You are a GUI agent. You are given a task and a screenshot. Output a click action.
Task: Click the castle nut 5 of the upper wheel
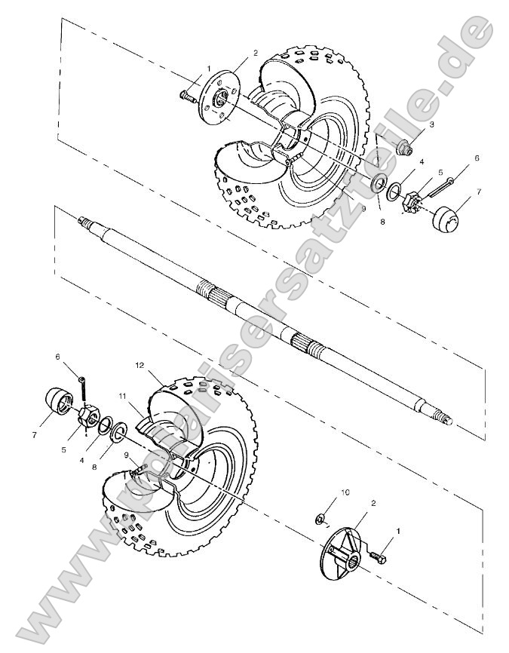[x=412, y=201]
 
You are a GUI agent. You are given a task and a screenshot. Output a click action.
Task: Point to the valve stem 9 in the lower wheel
[x=137, y=472]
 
